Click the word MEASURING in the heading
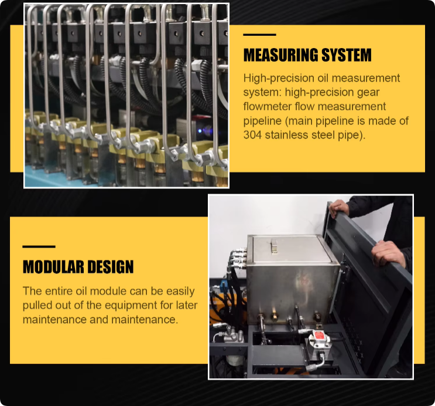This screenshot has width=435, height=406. (x=281, y=55)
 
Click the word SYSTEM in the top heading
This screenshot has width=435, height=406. (x=347, y=55)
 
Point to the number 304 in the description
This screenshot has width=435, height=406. (x=252, y=135)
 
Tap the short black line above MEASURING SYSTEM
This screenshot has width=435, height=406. (x=259, y=35)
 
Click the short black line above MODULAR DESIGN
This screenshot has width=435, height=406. (x=39, y=246)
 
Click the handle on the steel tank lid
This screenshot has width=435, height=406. (x=274, y=246)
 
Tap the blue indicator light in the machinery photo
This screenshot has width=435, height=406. (x=200, y=131)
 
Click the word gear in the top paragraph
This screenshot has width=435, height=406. (x=368, y=93)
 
